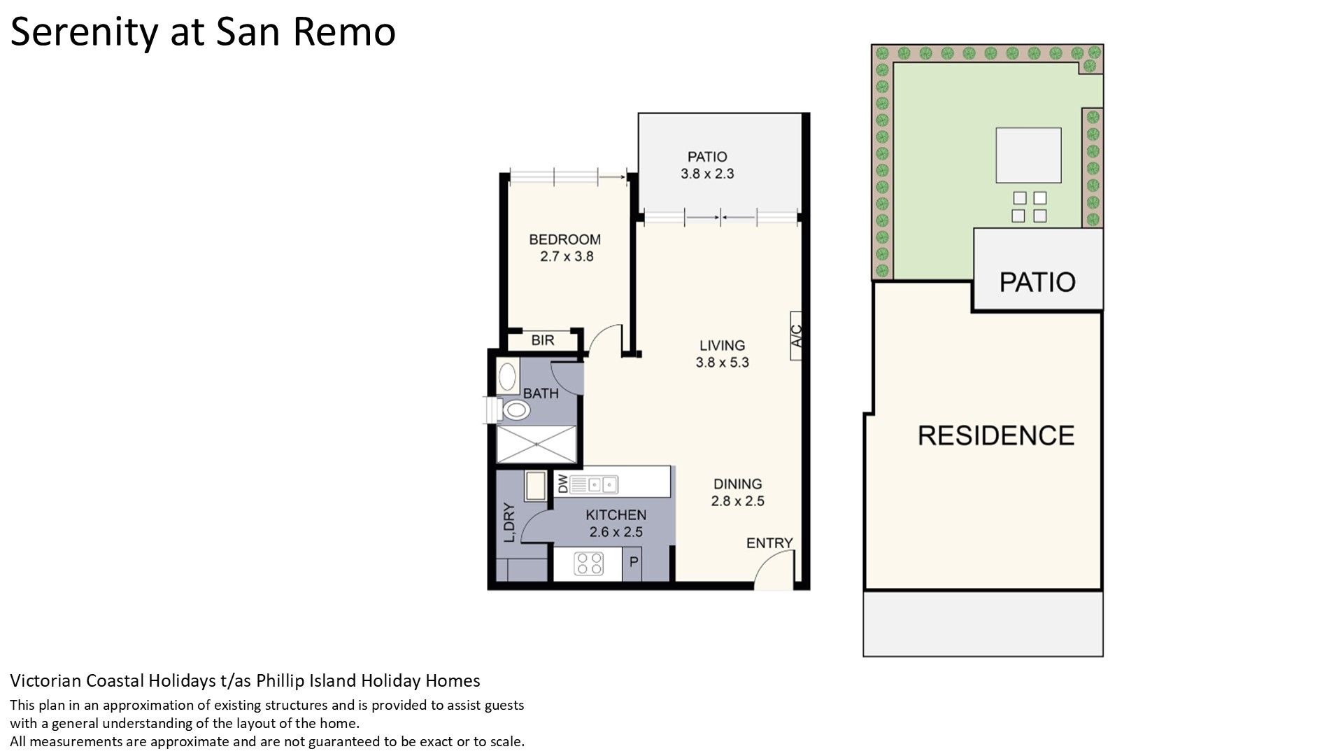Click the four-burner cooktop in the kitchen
coord(589,563)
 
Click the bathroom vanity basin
coord(507,377)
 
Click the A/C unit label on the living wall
coord(797,336)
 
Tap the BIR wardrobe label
coord(543,340)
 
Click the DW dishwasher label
coord(562,483)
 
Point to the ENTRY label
coord(769,543)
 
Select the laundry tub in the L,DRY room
coord(536,486)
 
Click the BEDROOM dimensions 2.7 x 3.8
coord(567,257)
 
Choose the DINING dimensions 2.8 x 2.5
coord(738,501)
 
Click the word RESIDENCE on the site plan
coord(996,435)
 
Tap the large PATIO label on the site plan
coord(1037,282)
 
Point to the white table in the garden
coord(1029,155)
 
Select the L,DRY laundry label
coord(509,522)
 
